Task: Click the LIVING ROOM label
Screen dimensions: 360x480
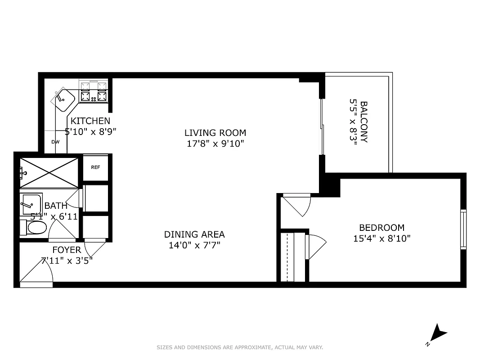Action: [x=215, y=133]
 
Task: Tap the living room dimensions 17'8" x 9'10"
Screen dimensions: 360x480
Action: [x=215, y=144]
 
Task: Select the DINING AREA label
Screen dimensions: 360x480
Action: [x=194, y=234]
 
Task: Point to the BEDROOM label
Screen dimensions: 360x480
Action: [x=381, y=228]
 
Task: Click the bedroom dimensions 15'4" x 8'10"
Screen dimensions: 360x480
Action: [x=381, y=238]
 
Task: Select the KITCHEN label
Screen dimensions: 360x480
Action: [x=90, y=121]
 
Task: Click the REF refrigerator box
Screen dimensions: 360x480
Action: [x=95, y=167]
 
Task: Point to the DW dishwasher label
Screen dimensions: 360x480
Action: [x=55, y=142]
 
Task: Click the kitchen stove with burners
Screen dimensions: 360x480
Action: [x=94, y=92]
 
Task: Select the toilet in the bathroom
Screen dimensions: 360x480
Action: [x=34, y=228]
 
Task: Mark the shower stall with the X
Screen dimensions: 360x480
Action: [x=49, y=172]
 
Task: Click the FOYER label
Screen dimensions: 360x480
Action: [x=67, y=250]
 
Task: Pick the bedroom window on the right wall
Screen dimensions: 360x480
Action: [x=463, y=229]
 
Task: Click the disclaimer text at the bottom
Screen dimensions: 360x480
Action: [x=240, y=347]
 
